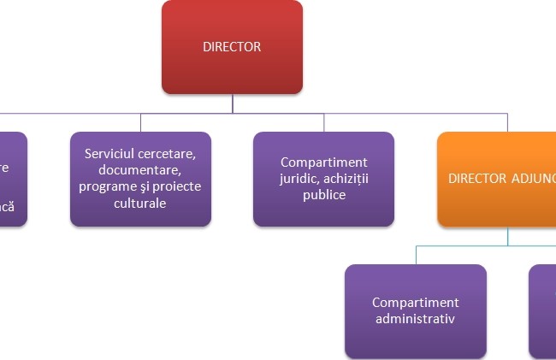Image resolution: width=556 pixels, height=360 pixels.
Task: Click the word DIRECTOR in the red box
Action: pyautogui.click(x=232, y=47)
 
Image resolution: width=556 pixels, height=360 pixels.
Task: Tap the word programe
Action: pyautogui.click(x=106, y=186)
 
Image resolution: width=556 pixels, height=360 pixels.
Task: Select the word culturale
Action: pyautogui.click(x=140, y=204)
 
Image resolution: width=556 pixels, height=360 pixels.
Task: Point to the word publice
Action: pyautogui.click(x=323, y=194)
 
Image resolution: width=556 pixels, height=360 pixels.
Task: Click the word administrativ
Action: pyautogui.click(x=415, y=319)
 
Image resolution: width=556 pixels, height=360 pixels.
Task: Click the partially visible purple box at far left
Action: pyautogui.click(x=12, y=179)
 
